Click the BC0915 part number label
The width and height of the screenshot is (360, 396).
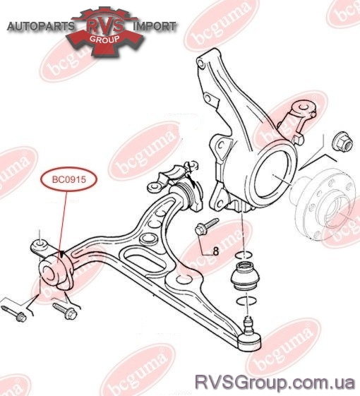click(69, 179)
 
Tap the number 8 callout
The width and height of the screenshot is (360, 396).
click(216, 251)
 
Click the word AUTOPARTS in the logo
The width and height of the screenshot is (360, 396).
click(41, 26)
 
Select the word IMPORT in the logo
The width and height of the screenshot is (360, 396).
click(155, 26)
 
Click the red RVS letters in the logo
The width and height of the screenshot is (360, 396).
click(106, 25)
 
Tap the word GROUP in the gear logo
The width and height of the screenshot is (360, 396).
click(104, 39)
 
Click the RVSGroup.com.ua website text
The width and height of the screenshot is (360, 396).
click(275, 383)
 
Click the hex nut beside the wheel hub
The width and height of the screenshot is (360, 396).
click(343, 143)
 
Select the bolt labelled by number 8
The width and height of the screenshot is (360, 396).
click(206, 227)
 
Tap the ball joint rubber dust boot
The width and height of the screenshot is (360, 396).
click(244, 276)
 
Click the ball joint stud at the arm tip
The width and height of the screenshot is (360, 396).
click(248, 324)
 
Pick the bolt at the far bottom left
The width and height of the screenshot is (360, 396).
click(14, 313)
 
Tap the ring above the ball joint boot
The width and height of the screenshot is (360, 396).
click(244, 255)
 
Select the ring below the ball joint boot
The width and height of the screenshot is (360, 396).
click(246, 301)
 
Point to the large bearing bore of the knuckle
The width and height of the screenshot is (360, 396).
click(274, 176)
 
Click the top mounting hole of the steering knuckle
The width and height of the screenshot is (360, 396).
click(201, 63)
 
